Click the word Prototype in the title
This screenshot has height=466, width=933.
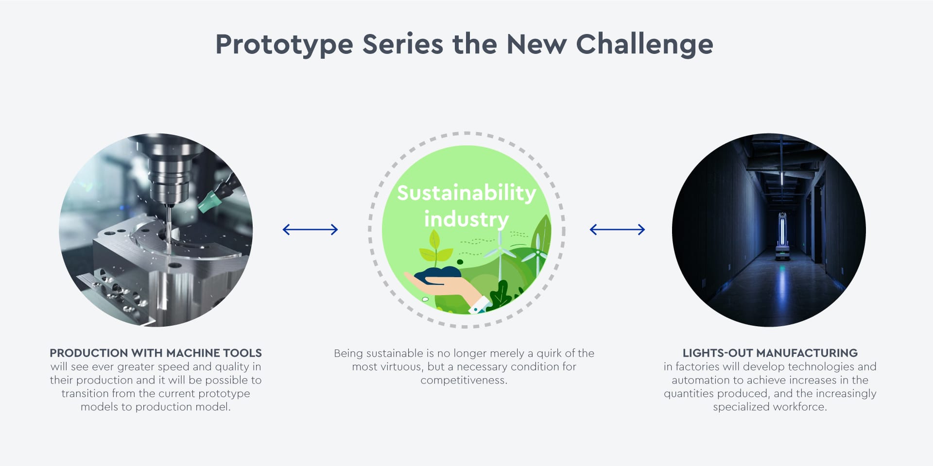284,45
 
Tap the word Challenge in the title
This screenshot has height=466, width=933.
644,45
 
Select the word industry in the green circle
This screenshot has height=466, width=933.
466,219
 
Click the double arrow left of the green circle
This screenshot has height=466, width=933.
310,230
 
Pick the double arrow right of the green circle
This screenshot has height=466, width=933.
617,230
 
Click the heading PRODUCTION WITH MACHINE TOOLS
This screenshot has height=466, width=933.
155,353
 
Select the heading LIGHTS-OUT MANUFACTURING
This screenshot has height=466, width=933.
770,353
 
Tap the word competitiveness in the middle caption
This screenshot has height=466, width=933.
464,380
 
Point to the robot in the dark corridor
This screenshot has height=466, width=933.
782,238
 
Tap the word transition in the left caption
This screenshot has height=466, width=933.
84,393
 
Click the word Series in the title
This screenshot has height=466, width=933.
403,45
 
